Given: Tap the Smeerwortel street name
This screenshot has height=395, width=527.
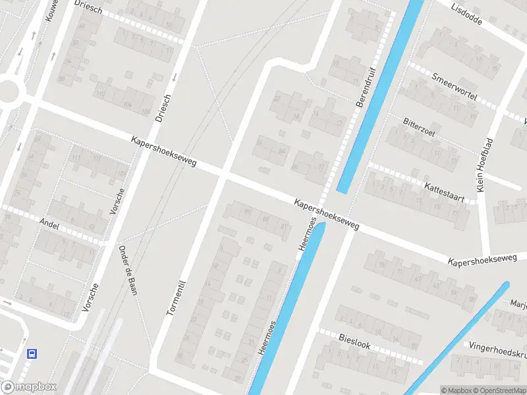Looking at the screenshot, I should pos(454,87).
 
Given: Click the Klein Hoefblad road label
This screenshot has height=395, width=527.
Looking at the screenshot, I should pos(484,165).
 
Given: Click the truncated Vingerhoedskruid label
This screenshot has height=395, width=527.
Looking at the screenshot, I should pos(497,350).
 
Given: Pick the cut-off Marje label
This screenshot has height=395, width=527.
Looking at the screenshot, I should pos(518,304).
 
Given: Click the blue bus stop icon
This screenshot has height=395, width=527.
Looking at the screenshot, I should pos(32,354).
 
